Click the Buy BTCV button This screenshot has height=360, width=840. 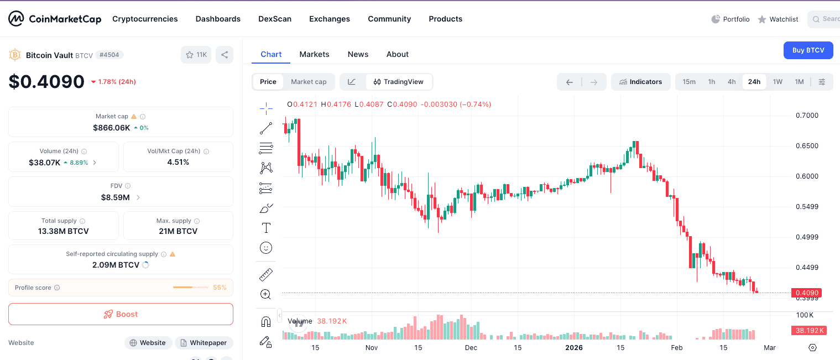coord(808,50)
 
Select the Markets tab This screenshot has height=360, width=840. coord(314,54)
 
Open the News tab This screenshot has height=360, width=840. coord(358,54)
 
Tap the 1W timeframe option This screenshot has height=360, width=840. coord(778,82)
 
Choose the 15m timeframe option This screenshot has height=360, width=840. coord(689,82)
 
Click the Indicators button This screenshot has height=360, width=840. coord(640,82)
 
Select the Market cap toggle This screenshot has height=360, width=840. coord(309,82)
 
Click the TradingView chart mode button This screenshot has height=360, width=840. coord(398,82)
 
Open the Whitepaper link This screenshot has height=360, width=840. coord(204,343)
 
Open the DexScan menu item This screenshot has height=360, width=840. coord(275,19)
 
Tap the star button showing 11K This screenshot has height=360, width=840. coord(196,55)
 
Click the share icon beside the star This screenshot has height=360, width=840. coord(225,55)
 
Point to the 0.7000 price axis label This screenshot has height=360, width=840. coord(807,116)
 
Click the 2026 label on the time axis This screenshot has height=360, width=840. coord(574,348)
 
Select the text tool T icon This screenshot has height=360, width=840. coord(266,228)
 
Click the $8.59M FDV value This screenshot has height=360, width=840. coord(115,197)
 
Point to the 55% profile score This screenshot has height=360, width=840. coord(220,288)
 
